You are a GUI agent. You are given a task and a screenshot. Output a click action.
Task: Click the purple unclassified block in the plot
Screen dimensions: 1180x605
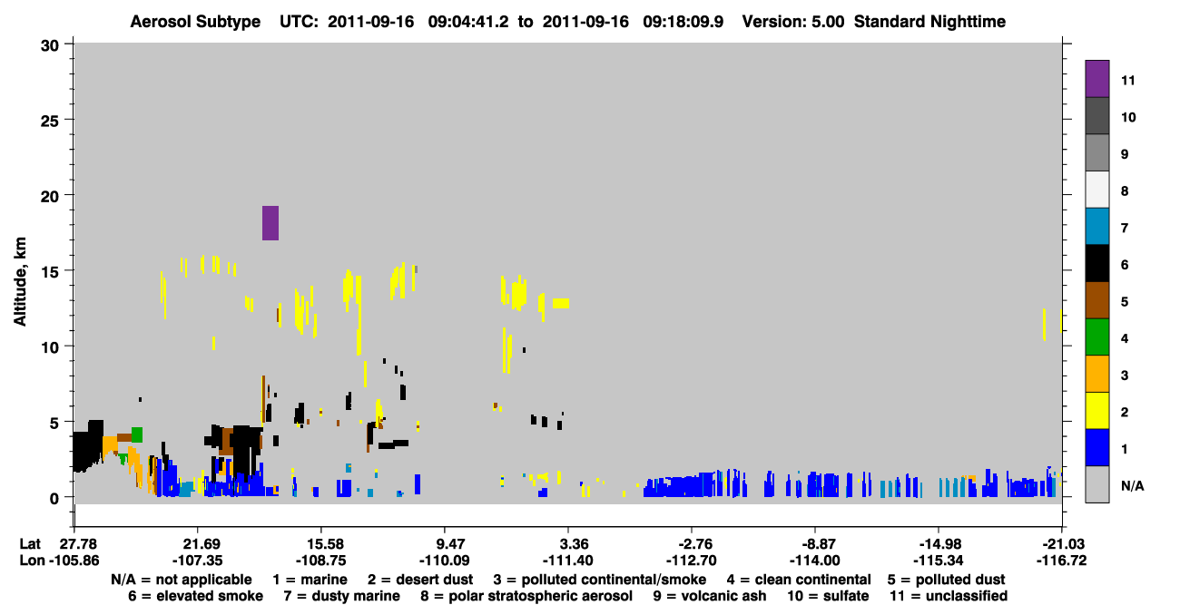tap(270, 223)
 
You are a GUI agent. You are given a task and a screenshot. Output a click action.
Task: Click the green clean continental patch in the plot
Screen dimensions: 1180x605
tap(137, 434)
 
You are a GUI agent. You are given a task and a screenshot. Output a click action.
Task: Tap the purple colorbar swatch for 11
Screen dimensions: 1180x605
tap(1096, 79)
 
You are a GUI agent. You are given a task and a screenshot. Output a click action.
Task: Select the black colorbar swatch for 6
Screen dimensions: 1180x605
tap(1096, 263)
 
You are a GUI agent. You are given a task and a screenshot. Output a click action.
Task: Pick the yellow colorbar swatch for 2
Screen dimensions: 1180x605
tap(1096, 411)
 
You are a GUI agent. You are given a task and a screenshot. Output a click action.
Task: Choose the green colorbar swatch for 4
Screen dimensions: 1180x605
tap(1096, 337)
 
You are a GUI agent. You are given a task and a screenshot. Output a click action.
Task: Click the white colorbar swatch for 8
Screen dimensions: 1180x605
tap(1096, 190)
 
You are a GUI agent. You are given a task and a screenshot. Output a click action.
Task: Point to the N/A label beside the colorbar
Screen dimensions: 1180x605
tap(1132, 486)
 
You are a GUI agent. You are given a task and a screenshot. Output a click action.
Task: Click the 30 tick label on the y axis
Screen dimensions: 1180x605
tap(50, 46)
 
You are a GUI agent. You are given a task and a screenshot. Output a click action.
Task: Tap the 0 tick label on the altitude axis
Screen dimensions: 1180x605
tap(54, 498)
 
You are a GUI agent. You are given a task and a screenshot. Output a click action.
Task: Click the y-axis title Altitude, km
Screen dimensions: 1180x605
tap(19, 282)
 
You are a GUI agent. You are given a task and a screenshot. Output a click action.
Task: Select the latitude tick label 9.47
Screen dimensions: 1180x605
tap(445, 544)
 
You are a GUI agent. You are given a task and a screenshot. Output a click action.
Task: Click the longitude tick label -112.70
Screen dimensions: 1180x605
tap(691, 561)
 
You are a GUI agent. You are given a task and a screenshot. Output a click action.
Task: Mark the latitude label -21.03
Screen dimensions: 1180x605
tap(1062, 544)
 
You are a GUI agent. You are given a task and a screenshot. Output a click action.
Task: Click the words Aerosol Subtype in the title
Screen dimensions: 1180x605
tap(195, 22)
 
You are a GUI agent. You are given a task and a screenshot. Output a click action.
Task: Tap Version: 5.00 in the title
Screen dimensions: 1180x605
tap(793, 22)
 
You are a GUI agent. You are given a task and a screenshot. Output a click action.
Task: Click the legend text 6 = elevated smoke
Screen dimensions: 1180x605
tap(195, 596)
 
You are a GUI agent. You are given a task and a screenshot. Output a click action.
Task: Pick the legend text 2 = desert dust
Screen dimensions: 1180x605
tap(420, 580)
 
